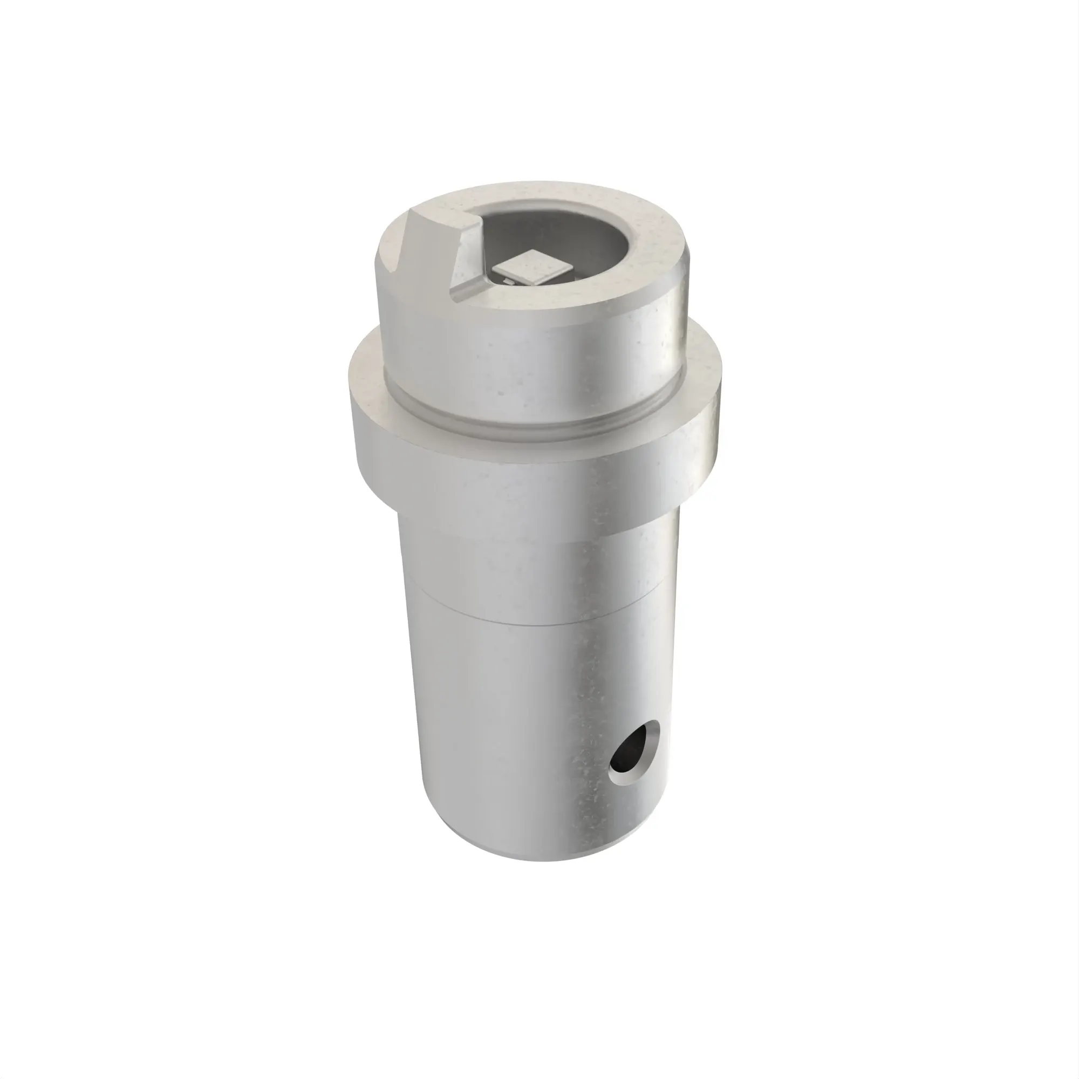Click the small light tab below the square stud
point(508,283)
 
